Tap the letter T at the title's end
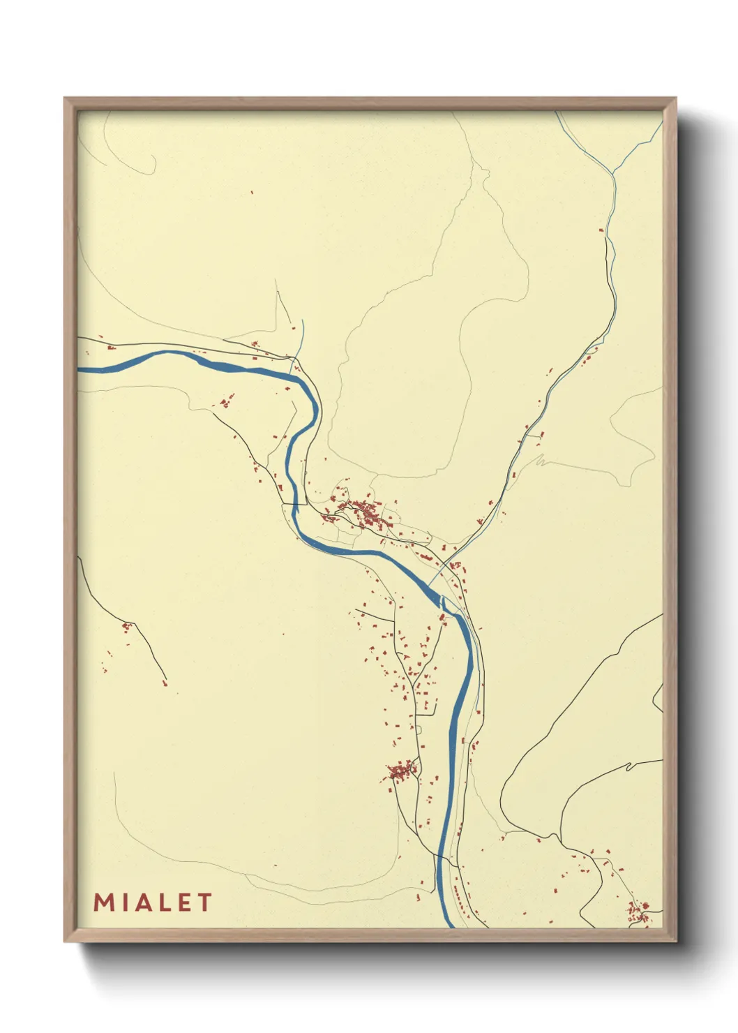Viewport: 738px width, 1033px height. (x=204, y=902)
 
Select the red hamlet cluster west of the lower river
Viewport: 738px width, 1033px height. (x=401, y=771)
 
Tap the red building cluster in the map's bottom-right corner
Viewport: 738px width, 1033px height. (x=638, y=911)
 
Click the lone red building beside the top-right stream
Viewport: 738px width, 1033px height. (x=601, y=230)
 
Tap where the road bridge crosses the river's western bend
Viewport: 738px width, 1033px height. (x=296, y=503)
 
